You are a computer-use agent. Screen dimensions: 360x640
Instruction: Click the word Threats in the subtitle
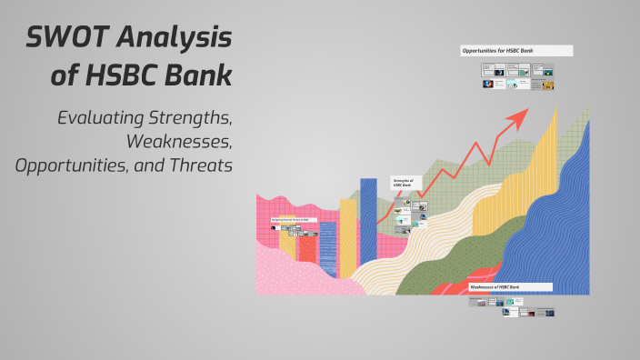click(202, 165)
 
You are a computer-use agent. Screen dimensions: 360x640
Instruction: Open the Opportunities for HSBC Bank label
click(515, 51)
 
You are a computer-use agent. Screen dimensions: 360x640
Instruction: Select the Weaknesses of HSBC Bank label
click(510, 286)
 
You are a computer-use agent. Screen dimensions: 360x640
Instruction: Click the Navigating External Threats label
click(291, 220)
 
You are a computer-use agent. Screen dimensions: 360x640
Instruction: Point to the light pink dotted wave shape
click(291, 273)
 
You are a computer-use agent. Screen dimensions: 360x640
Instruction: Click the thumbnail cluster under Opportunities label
click(516, 75)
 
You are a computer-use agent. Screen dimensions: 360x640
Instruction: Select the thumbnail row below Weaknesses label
click(511, 307)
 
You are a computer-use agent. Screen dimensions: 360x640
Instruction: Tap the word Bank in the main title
click(199, 75)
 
